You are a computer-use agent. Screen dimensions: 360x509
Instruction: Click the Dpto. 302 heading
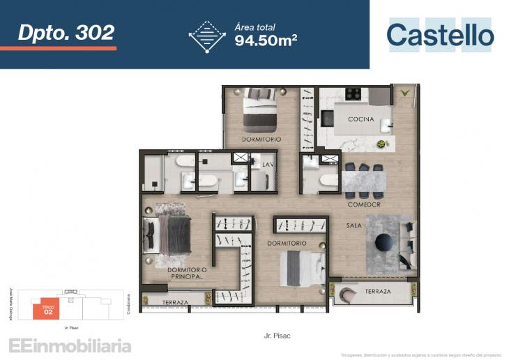click(x=66, y=31)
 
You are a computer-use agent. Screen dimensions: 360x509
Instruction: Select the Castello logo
click(x=440, y=35)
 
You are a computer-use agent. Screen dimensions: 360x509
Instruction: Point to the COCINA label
click(x=361, y=119)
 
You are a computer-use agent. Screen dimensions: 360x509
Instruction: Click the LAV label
click(x=267, y=165)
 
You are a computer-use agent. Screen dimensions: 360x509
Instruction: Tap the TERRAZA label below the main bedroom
click(x=174, y=302)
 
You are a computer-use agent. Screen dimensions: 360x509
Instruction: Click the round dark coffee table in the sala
click(x=384, y=241)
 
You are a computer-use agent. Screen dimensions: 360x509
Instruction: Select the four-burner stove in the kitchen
click(x=353, y=93)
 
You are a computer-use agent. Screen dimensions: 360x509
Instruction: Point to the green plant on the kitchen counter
click(x=381, y=144)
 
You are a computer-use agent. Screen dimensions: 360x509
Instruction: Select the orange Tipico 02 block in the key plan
click(x=48, y=308)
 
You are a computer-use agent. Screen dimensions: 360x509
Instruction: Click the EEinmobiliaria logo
click(x=70, y=345)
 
